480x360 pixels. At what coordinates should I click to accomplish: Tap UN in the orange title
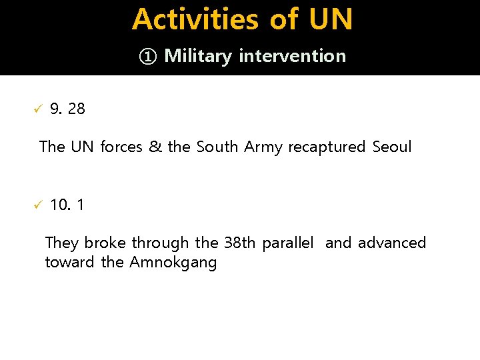[x=331, y=19]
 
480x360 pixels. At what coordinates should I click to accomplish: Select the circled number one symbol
[x=147, y=56]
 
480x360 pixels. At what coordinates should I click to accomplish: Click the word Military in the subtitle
[x=198, y=56]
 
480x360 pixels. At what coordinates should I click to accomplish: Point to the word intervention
[x=292, y=56]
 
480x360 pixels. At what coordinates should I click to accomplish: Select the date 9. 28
[x=67, y=109]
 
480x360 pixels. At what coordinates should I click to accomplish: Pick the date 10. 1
[x=67, y=205]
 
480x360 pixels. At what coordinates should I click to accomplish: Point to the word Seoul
[x=392, y=146]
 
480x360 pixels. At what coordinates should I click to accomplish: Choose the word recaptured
[x=327, y=147]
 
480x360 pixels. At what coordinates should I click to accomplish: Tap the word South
[x=218, y=146]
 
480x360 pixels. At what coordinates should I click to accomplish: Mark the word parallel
[x=287, y=243]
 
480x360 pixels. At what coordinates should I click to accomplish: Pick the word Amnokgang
[x=173, y=263]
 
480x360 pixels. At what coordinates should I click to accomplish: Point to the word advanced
[x=392, y=243]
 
